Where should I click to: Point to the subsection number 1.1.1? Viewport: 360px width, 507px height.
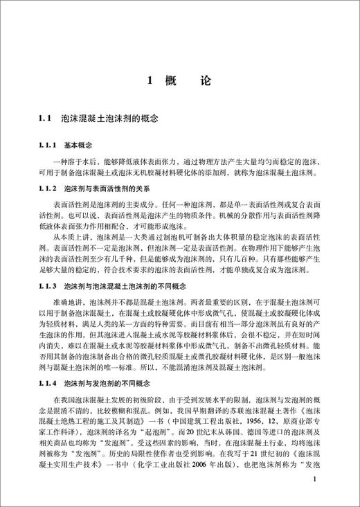coord(48,145)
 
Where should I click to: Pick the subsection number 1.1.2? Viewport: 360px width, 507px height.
coord(48,188)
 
